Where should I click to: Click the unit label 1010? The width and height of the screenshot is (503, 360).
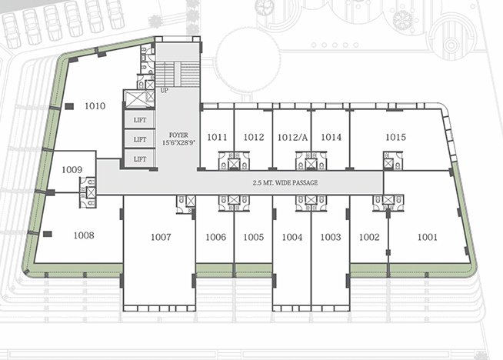pos(95,106)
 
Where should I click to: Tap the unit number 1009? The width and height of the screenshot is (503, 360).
pos(72,169)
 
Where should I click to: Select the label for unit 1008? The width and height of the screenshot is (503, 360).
pos(83,235)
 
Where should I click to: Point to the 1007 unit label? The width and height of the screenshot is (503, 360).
pos(161,237)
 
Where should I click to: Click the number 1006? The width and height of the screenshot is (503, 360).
pos(215,237)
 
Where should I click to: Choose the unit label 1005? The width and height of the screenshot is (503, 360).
pos(254,237)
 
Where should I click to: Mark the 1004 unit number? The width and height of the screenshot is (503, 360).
pos(292,237)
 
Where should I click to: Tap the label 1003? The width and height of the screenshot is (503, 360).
pos(331,237)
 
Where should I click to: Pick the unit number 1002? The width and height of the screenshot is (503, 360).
pos(369,237)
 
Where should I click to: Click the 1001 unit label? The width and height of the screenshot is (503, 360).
pos(427,237)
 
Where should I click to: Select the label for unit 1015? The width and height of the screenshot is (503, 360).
pos(395,137)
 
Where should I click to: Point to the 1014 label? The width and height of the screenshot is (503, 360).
pos(331,137)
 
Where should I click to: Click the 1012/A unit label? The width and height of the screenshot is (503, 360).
pos(292,137)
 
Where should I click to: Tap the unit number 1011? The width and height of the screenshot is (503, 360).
pos(218,137)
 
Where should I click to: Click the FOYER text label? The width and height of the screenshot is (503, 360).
pos(178,135)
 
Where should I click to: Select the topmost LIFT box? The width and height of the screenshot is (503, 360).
pos(140,120)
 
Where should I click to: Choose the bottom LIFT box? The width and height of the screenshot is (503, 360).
pos(140,159)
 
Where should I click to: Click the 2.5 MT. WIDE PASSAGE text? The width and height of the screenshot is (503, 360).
pos(285,182)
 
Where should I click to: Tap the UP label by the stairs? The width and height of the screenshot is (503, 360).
pos(164,91)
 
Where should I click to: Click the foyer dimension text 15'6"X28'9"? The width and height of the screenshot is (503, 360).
pos(178,143)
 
